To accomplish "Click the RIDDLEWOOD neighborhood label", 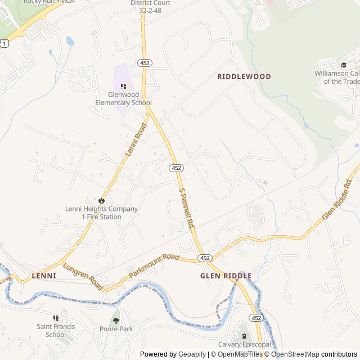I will (244, 76).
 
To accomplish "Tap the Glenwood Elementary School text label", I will (123, 99).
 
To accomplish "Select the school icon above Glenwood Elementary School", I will (123, 86).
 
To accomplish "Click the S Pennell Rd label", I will (186, 208).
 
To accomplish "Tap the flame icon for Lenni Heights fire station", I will (101, 200).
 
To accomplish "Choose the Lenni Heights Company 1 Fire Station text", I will (101, 213).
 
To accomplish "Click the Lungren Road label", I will (83, 277).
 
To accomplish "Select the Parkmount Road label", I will (154, 265).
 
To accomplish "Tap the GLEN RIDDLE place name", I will (226, 276).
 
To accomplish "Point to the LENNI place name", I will (44, 276).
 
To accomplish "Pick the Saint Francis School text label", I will (55, 330).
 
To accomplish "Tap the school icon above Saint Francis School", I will (55, 318).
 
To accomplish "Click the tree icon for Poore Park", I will (116, 320).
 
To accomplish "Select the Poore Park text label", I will (116, 329).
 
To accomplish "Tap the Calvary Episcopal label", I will (245, 344).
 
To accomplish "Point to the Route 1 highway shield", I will (4, 43).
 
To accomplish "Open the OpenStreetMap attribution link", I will (296, 354).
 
